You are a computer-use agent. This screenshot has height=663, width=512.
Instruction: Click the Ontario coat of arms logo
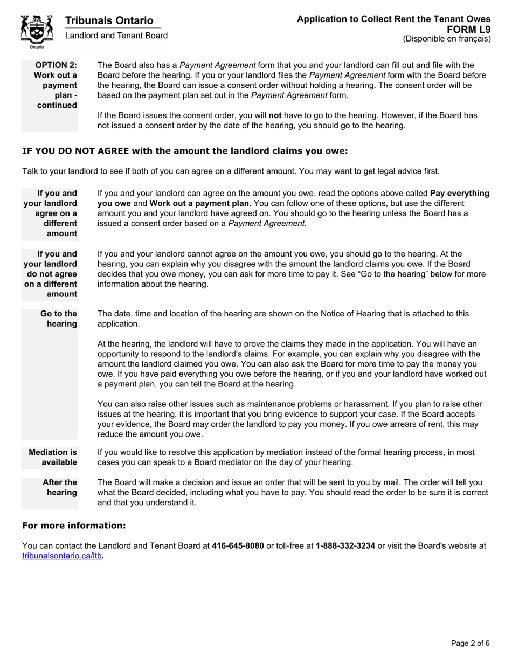[36, 31]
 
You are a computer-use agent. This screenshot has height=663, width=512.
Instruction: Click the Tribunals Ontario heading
[109, 20]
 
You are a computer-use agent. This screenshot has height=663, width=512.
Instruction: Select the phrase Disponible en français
[447, 39]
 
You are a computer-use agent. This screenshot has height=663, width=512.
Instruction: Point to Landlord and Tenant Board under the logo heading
[116, 36]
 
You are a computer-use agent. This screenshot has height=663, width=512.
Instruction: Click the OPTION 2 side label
[56, 85]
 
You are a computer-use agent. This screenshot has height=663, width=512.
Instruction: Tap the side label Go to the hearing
[59, 319]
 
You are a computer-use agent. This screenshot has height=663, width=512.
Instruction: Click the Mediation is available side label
[53, 458]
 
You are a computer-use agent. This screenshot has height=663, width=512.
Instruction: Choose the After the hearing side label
[59, 487]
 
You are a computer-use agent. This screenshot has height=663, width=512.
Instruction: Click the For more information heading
[74, 526]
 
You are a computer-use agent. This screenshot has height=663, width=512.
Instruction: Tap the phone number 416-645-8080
[238, 545]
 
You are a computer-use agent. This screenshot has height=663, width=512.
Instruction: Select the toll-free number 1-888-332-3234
[345, 545]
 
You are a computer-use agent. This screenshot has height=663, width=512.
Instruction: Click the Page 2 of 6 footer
[470, 643]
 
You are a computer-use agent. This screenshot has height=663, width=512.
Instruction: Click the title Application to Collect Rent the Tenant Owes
[393, 19]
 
